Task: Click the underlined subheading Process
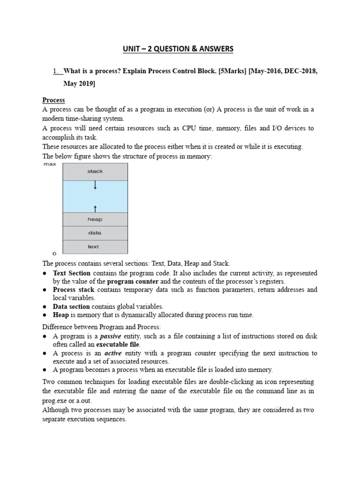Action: (53, 100)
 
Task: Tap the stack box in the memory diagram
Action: (95, 172)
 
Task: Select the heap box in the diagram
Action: (95, 219)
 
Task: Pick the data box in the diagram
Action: (95, 233)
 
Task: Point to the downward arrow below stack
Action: (95, 186)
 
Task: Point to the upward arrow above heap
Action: (95, 208)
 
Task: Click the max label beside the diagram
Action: (49, 165)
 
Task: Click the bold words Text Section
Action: (72, 273)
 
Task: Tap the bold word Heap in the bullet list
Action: (61, 315)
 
